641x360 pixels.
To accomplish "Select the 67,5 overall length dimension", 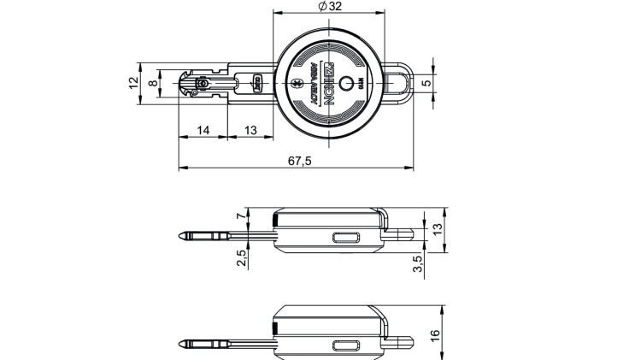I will point(299,160).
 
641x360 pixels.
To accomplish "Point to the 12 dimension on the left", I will point(133,83).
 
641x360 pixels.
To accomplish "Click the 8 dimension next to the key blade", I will point(153,83).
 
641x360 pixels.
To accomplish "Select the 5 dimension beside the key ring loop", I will point(438,83).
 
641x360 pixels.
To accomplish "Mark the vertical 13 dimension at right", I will point(438,229).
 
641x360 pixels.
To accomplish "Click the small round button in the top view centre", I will point(345,84).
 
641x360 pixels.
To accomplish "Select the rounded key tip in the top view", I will point(184,84).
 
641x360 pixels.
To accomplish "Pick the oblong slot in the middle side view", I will point(346,238).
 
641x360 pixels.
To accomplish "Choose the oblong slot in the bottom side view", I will point(346,345).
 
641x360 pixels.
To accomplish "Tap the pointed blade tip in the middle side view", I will point(182,235).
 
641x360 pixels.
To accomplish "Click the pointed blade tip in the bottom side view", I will point(182,345).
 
